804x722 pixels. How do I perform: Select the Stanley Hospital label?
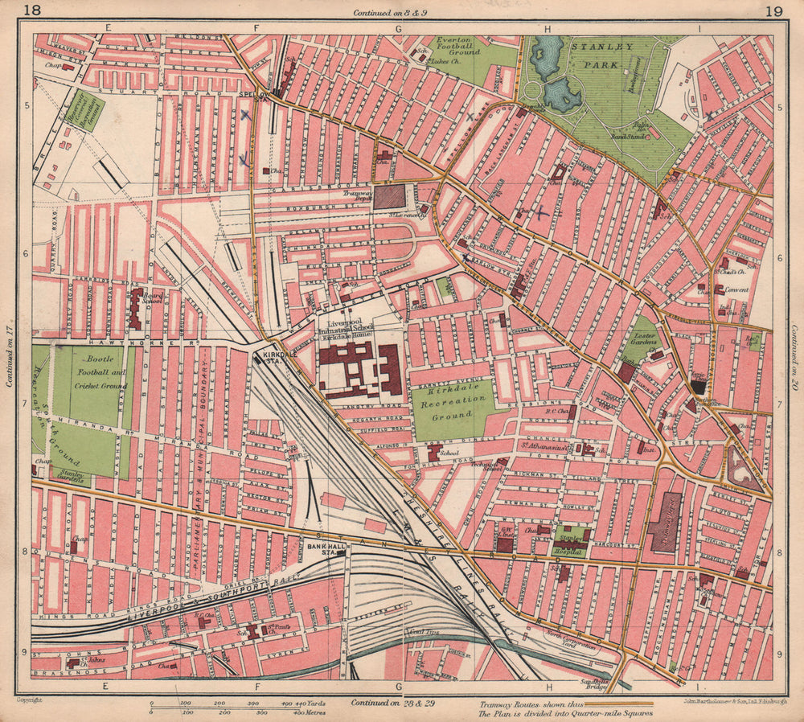(569, 543)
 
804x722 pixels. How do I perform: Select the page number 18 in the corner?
(33, 10)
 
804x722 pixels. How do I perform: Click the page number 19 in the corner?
(774, 10)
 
